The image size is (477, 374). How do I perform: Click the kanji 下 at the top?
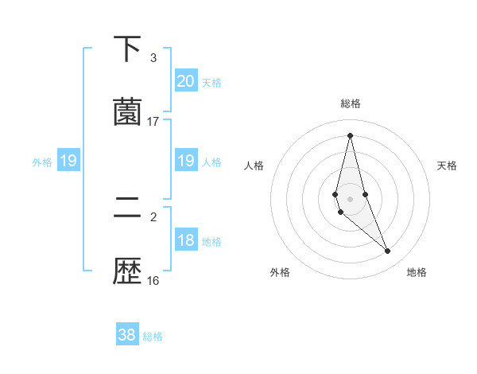127,49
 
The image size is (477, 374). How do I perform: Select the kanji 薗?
127,112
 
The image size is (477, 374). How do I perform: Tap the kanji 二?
127,209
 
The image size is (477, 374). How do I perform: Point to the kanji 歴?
127,271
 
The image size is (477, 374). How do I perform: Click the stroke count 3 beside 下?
153,58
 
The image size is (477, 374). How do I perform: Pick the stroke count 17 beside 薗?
153,122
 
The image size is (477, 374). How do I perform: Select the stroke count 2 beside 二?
153,216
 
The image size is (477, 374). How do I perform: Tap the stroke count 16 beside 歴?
153,280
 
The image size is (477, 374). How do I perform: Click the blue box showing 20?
185,80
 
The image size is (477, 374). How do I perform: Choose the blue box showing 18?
185,240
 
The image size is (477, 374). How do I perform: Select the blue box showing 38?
127,335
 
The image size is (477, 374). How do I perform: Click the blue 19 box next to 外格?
68,162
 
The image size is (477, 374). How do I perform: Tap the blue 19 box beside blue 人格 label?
185,161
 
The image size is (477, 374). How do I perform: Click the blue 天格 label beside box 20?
211,82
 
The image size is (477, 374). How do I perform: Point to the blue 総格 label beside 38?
153,337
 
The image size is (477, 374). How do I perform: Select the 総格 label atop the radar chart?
351,103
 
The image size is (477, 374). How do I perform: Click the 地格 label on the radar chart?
417,273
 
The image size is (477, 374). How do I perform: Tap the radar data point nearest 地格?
388,251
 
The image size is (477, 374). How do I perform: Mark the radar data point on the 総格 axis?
350,135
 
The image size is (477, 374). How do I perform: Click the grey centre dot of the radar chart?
350,199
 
